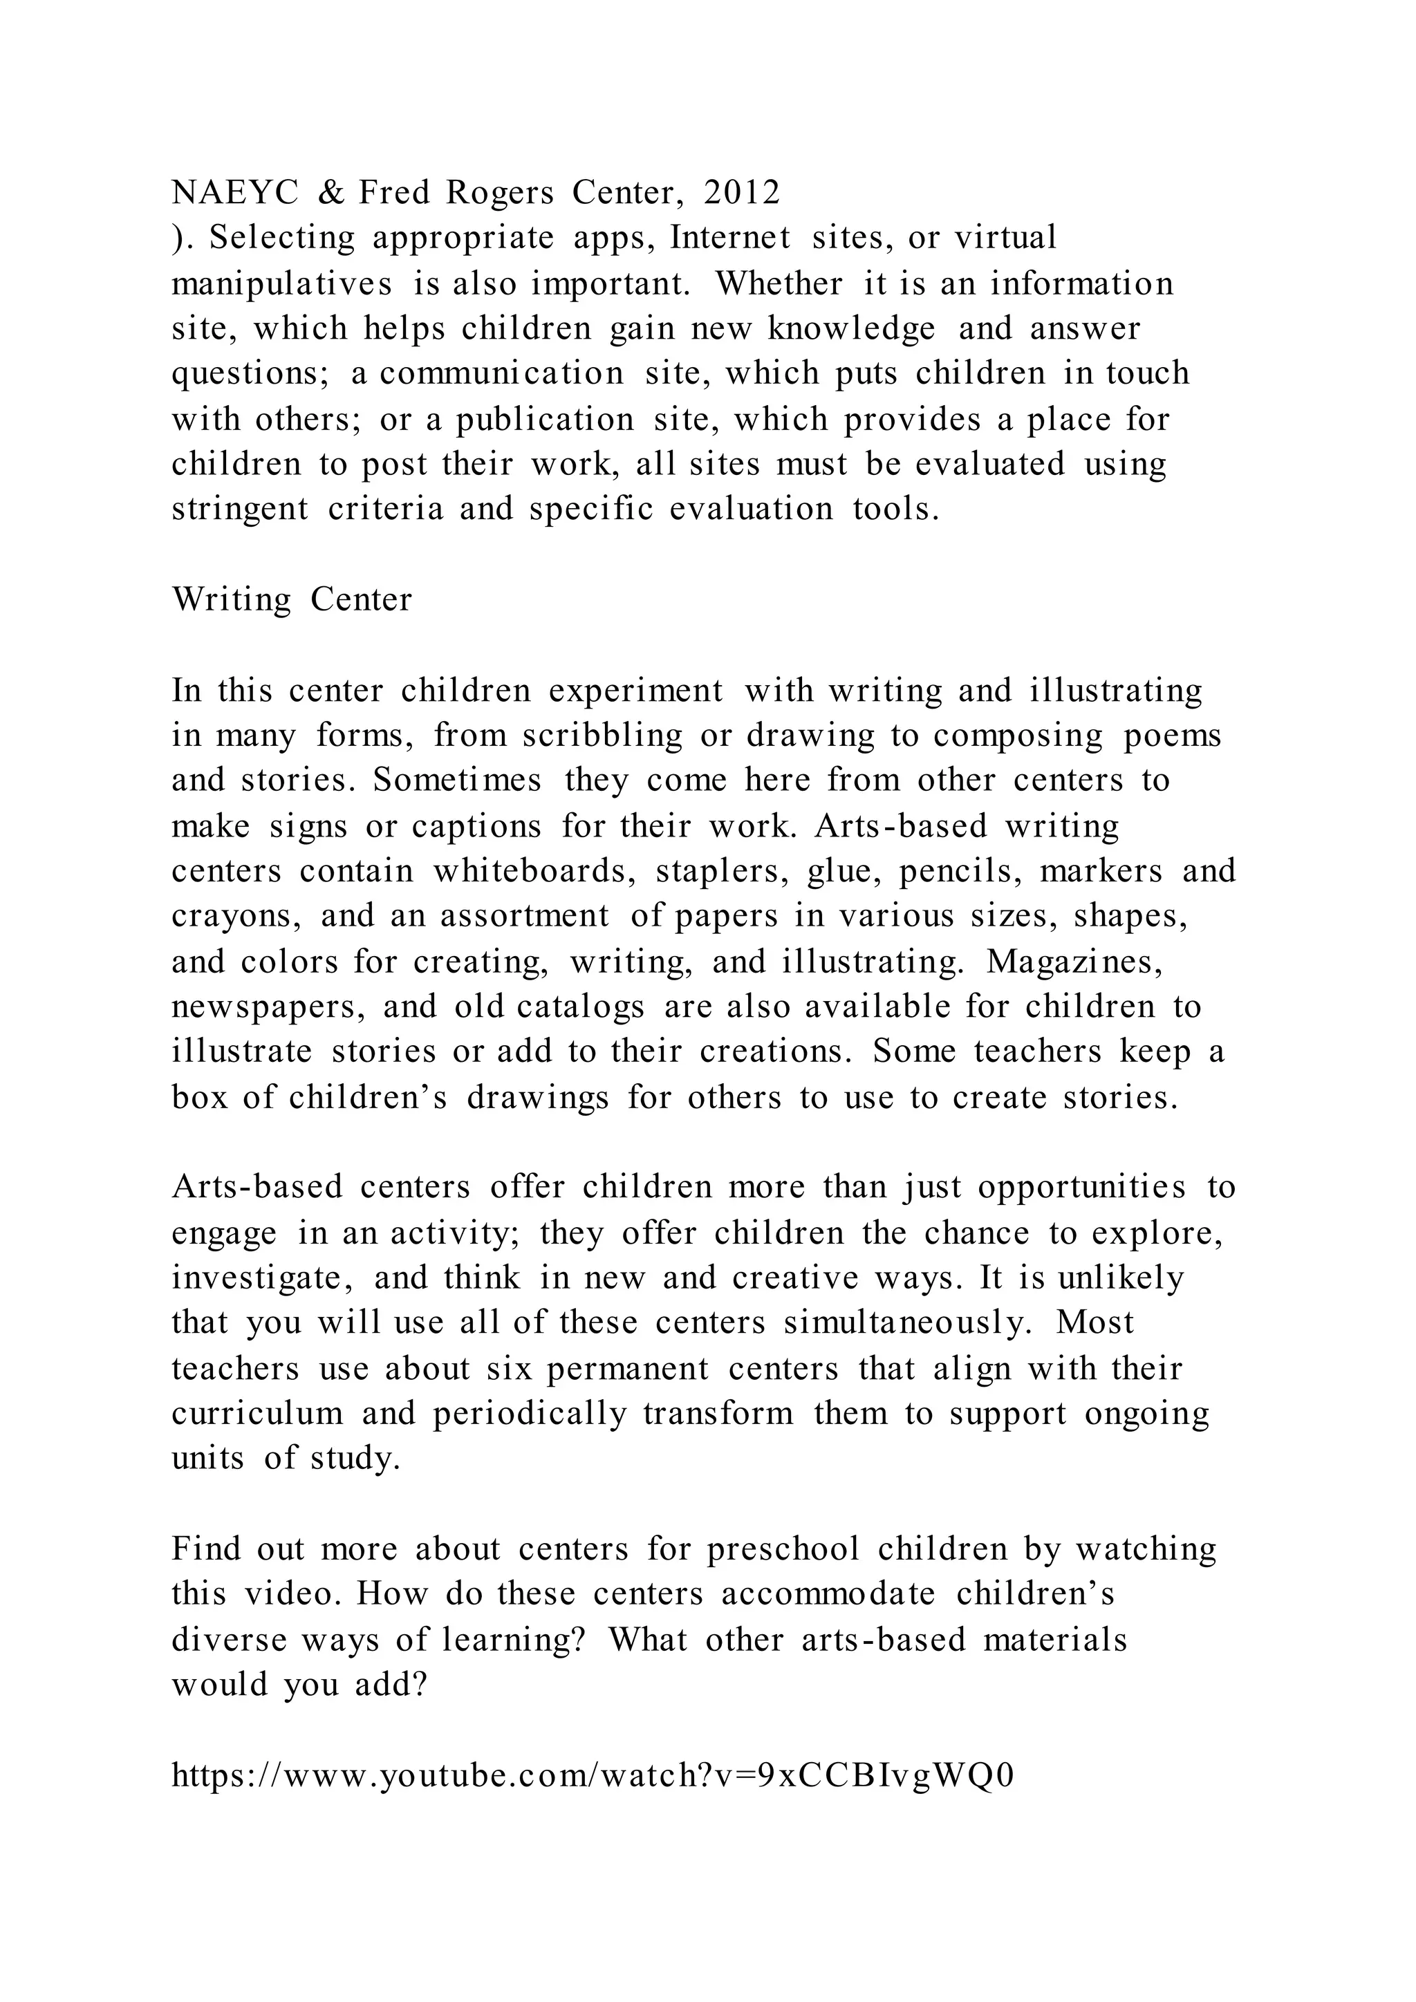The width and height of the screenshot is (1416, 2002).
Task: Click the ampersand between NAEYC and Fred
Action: point(330,193)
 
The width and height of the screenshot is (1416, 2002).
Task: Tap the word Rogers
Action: point(500,193)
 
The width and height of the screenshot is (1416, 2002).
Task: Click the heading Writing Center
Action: point(291,600)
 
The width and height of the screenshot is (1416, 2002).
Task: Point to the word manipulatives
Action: point(281,284)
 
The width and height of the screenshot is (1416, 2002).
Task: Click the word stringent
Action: point(240,509)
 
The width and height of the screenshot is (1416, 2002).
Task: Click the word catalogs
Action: point(581,1007)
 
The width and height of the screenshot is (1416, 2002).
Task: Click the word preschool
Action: point(783,1549)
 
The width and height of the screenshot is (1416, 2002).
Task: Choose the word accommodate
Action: point(828,1594)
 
